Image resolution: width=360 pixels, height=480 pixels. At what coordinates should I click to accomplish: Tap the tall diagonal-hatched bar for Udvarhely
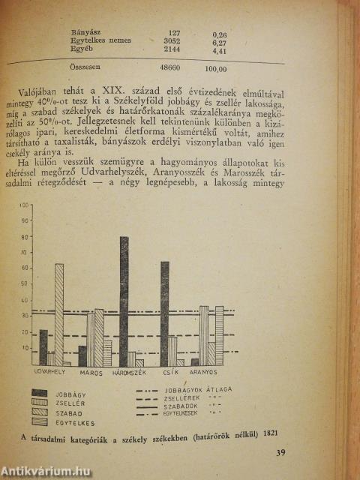pyautogui.click(x=58, y=314)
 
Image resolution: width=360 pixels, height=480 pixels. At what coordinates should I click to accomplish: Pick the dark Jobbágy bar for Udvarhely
pyautogui.click(x=43, y=347)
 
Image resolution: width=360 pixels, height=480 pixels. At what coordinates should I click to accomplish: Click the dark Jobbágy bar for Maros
pyautogui.click(x=82, y=355)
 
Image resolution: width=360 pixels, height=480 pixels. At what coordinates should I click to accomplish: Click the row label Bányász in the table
pyautogui.click(x=85, y=31)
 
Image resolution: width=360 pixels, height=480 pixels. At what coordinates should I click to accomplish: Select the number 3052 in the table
pyautogui.click(x=172, y=42)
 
